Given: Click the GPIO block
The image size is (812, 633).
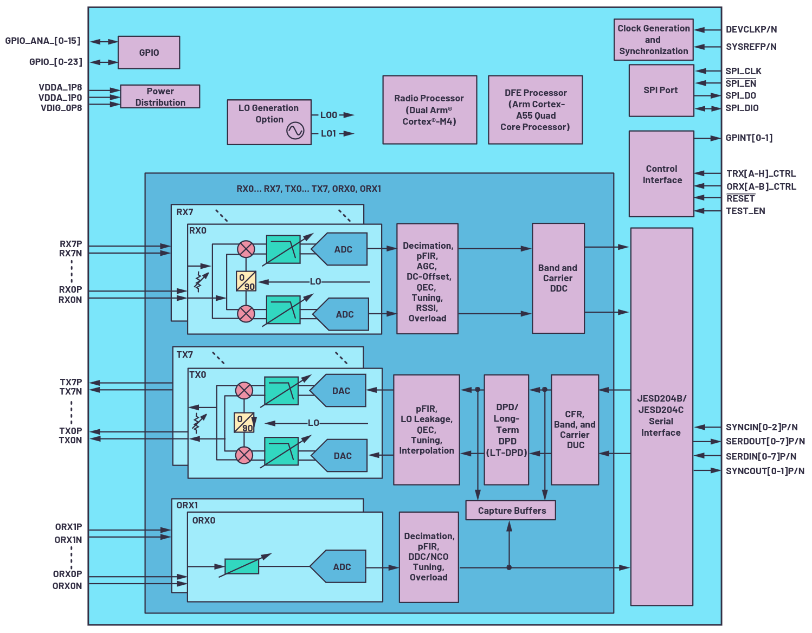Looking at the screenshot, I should (149, 53).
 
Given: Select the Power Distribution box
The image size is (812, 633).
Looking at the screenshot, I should (160, 96).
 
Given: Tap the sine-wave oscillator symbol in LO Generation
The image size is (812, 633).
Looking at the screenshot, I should (295, 131).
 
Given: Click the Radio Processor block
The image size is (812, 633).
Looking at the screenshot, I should (429, 109).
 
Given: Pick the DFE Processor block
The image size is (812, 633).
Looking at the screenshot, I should (535, 109).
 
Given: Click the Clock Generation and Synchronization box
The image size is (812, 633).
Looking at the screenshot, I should (653, 40).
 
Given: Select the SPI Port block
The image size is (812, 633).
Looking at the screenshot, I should (661, 90).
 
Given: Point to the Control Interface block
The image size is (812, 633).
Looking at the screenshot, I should (661, 174).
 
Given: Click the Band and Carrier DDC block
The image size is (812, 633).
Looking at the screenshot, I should (558, 278).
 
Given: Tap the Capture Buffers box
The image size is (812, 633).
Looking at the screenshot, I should (511, 511).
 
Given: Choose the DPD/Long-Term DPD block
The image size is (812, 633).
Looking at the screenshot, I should (506, 429).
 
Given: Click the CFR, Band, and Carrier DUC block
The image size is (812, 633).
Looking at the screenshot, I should (575, 429).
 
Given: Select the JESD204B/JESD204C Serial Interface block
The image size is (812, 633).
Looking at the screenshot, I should (661, 416).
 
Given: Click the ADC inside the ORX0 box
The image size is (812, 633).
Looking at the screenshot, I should (340, 567).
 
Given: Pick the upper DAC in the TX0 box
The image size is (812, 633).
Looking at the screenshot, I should (339, 391).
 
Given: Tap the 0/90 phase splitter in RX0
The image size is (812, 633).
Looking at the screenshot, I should (246, 281).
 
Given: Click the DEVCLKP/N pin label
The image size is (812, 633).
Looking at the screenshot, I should (751, 29).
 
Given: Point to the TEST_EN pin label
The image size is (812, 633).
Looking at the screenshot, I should (745, 211).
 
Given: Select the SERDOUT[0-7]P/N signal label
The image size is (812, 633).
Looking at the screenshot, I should (765, 441).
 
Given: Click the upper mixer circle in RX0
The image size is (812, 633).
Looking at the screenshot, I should (246, 249).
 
